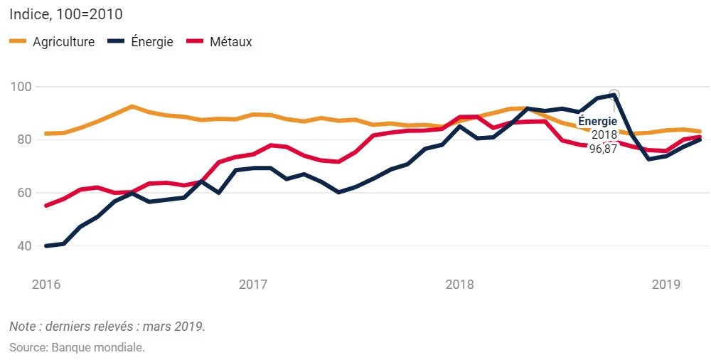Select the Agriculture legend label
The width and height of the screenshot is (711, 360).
pos(63,42)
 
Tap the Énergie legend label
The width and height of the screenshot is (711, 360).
pos(152,42)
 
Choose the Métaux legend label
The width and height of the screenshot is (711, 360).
pos(230,42)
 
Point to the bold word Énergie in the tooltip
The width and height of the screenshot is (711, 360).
pos(597,122)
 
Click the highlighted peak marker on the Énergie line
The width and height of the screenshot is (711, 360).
pos(614,95)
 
